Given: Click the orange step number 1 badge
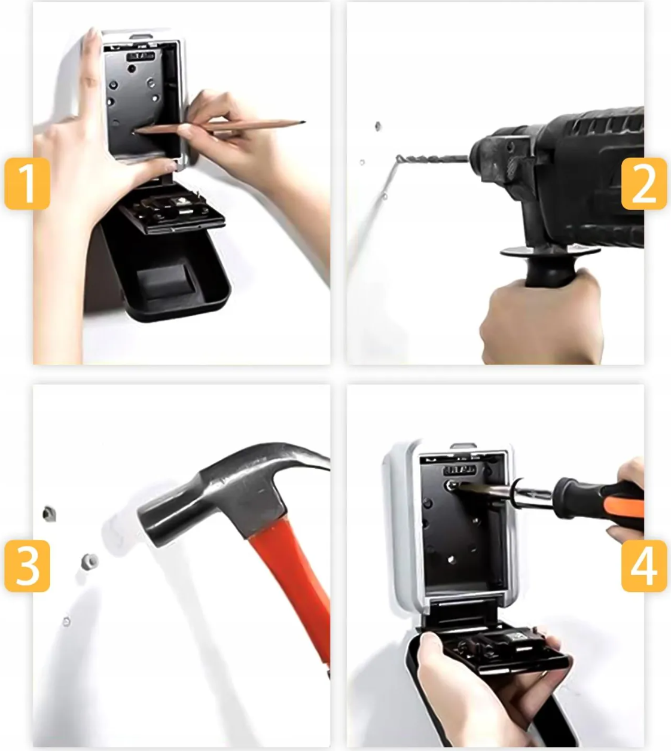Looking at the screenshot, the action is (27, 184).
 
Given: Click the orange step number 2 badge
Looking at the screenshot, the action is (644, 184).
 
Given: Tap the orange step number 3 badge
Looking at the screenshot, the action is (27, 566).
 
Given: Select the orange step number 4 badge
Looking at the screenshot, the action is (644, 566).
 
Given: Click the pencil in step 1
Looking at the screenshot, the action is (219, 126).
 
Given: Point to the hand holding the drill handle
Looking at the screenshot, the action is (541, 319).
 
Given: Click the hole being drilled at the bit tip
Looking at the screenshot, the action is (398, 160).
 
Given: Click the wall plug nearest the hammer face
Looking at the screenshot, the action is (90, 561).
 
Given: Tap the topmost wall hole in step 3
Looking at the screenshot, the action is (49, 514).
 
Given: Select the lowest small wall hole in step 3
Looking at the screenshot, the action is (67, 622).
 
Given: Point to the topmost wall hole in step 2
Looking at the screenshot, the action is (378, 126).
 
